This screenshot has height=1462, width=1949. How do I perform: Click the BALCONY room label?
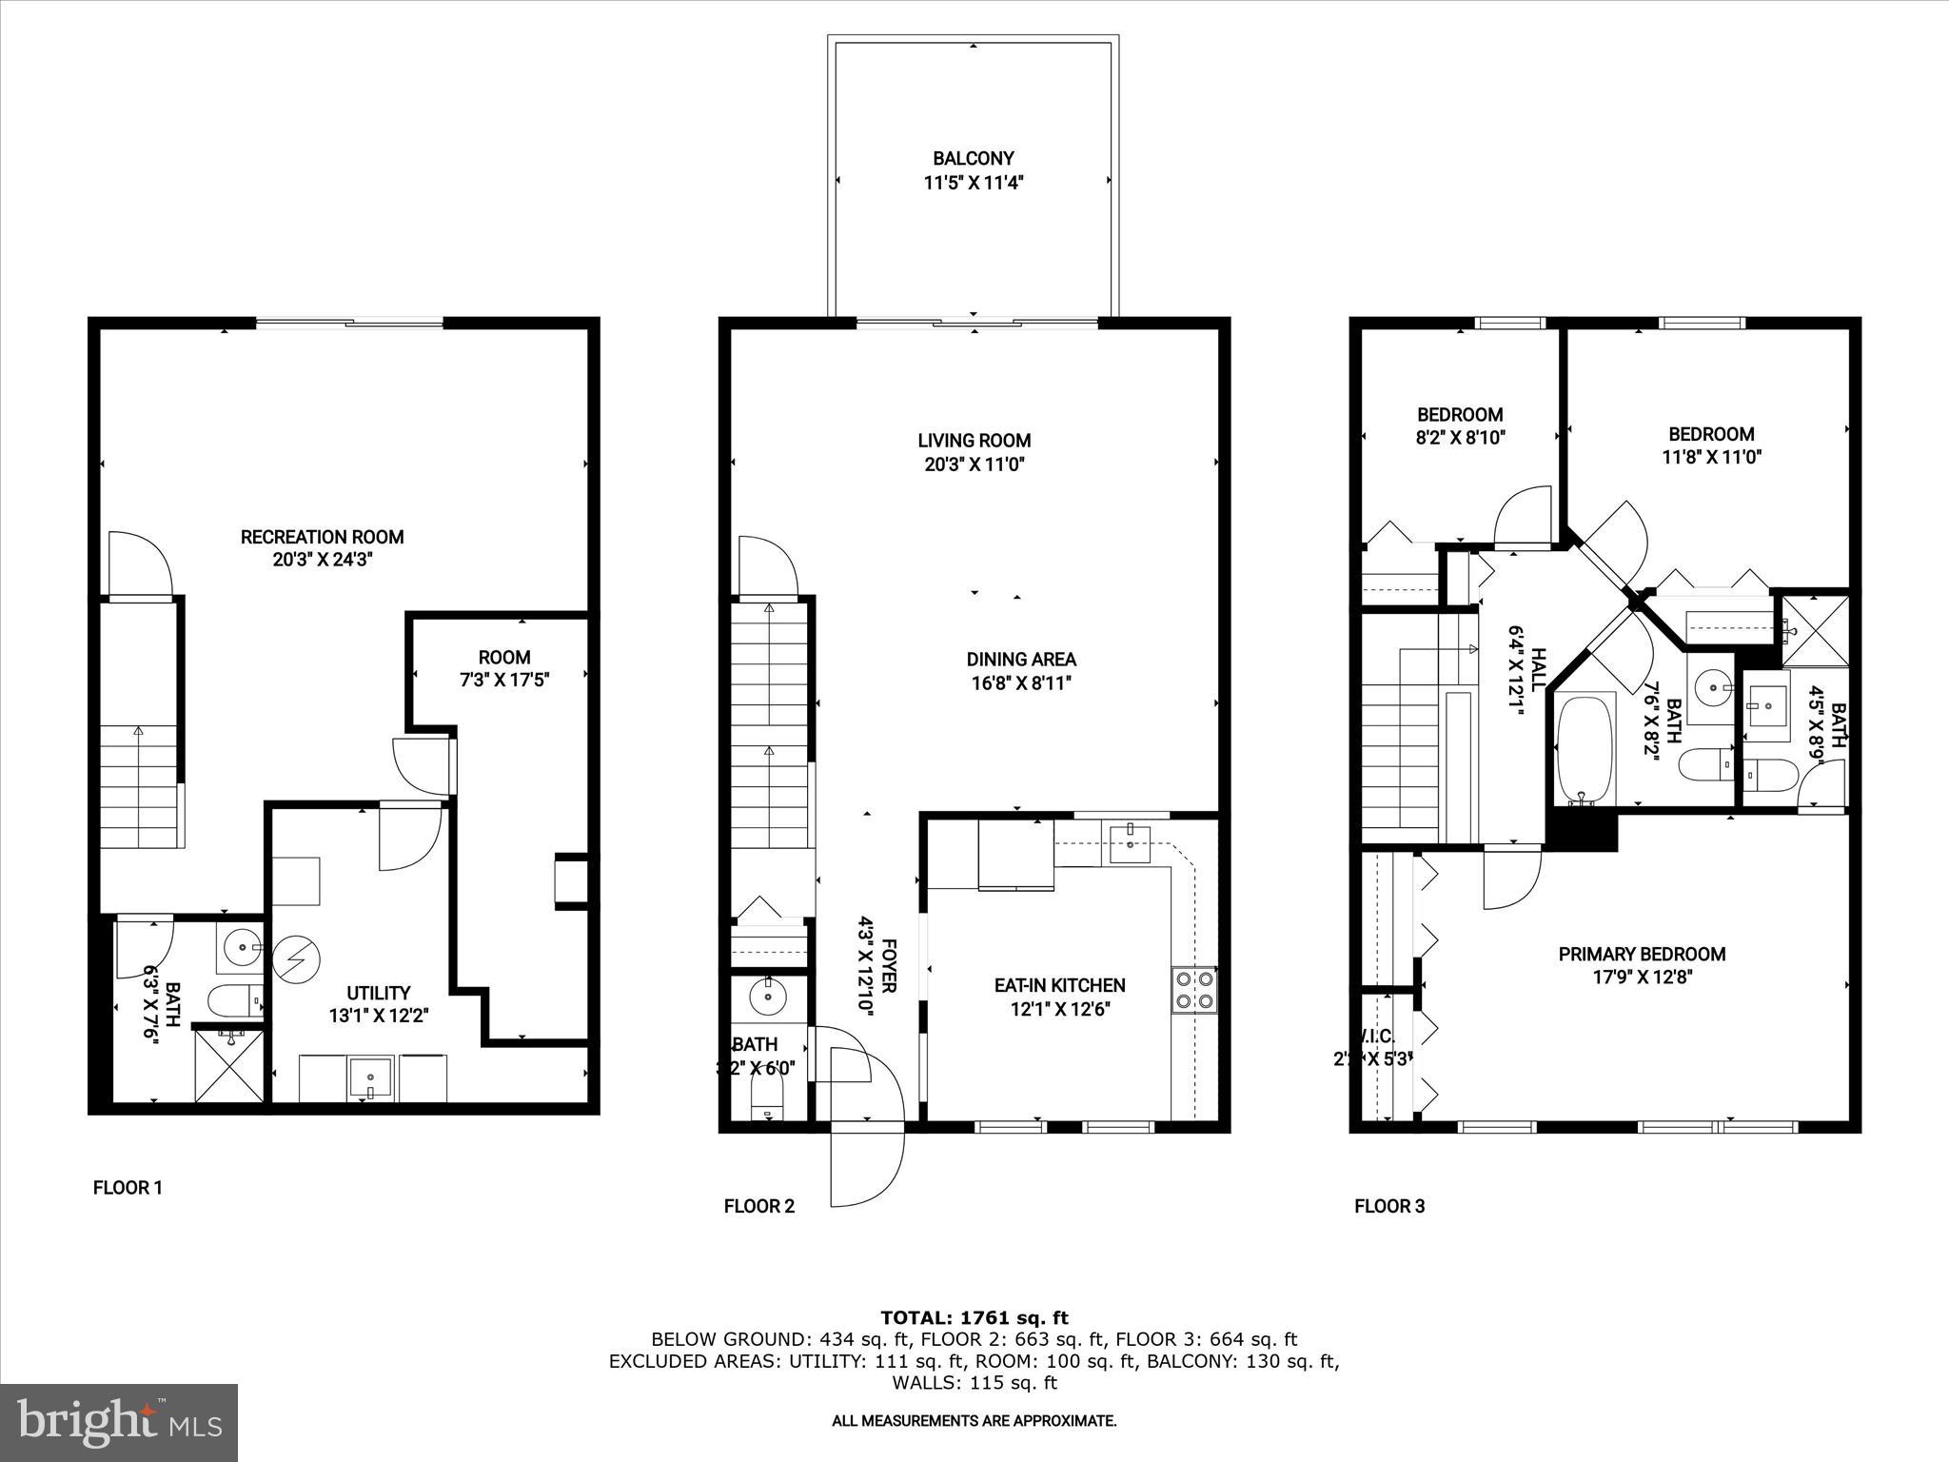[973, 159]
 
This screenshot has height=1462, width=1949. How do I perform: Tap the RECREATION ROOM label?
[322, 537]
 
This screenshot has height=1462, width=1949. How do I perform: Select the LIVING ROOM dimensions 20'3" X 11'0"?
[974, 464]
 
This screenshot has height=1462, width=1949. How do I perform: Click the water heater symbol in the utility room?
[296, 958]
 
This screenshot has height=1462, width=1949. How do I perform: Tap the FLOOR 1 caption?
[128, 1188]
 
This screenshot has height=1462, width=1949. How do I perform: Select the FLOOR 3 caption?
[1389, 1207]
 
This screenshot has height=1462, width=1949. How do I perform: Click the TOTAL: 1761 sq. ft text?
[974, 1318]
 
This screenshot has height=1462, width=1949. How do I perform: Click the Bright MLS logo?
[119, 1422]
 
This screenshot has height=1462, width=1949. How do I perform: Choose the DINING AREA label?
[1021, 659]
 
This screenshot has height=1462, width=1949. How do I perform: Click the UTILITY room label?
[379, 993]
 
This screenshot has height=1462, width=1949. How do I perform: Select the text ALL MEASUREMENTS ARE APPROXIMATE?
[974, 1421]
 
